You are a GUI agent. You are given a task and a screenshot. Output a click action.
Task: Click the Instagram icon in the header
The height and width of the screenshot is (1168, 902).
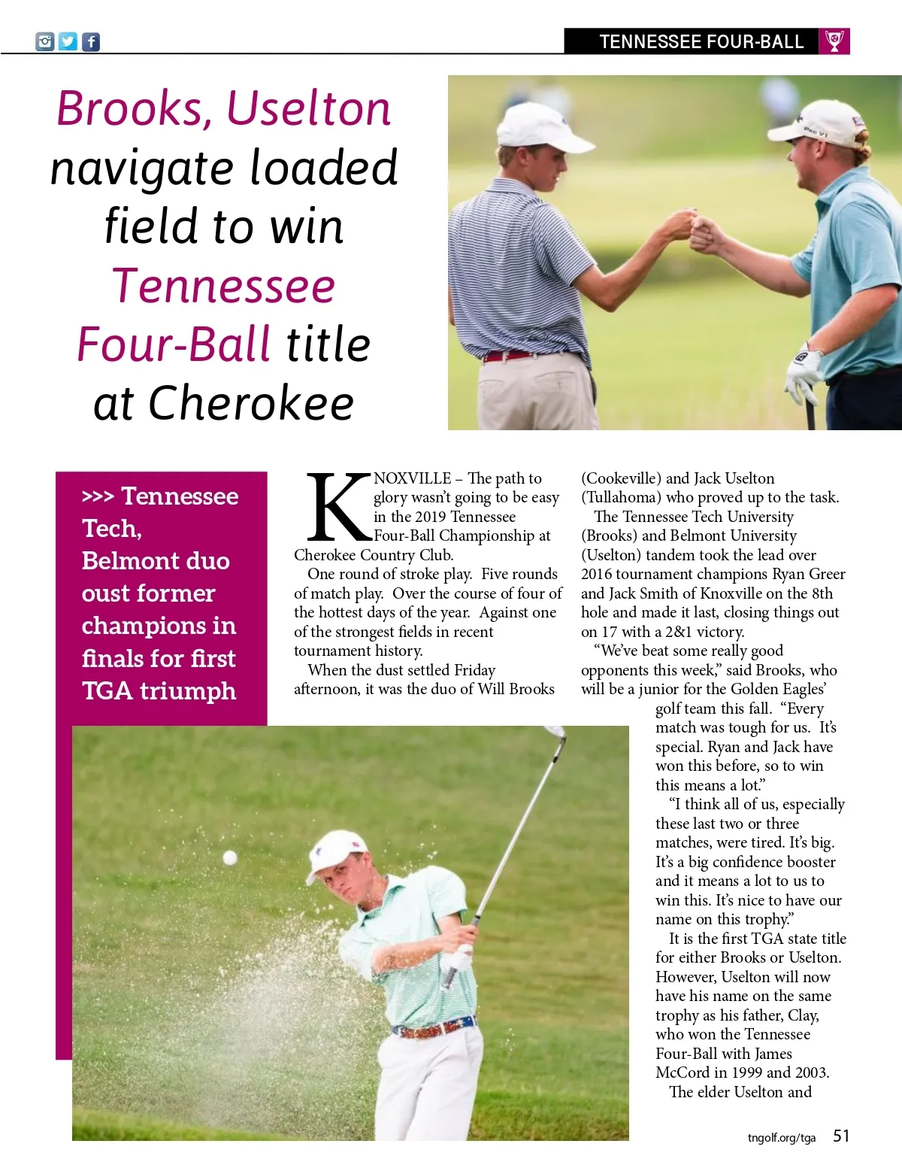tap(45, 41)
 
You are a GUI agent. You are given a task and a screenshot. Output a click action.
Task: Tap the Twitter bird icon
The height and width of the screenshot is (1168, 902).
tap(68, 41)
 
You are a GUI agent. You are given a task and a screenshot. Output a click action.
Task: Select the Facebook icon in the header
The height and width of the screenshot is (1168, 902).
tap(90, 41)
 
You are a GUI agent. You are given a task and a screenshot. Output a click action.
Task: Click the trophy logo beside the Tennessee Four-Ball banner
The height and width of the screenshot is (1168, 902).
tap(834, 41)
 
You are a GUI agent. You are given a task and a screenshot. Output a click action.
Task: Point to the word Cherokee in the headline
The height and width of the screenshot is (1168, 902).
tap(251, 403)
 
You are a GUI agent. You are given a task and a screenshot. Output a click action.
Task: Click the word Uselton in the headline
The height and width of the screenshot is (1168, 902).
tap(308, 109)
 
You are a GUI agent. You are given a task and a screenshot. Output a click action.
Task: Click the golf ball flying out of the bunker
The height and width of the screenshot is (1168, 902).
tap(230, 857)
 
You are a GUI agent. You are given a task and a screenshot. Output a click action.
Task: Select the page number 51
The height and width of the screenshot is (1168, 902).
tap(841, 1136)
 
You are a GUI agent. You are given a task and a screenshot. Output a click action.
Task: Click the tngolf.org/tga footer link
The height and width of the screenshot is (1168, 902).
tap(781, 1137)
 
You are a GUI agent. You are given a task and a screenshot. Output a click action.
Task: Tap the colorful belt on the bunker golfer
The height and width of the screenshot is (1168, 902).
tap(436, 1027)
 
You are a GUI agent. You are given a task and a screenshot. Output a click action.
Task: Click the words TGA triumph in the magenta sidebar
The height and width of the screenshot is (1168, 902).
tap(159, 690)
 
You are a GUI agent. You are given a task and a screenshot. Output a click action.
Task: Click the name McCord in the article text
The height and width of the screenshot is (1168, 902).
tap(683, 1072)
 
